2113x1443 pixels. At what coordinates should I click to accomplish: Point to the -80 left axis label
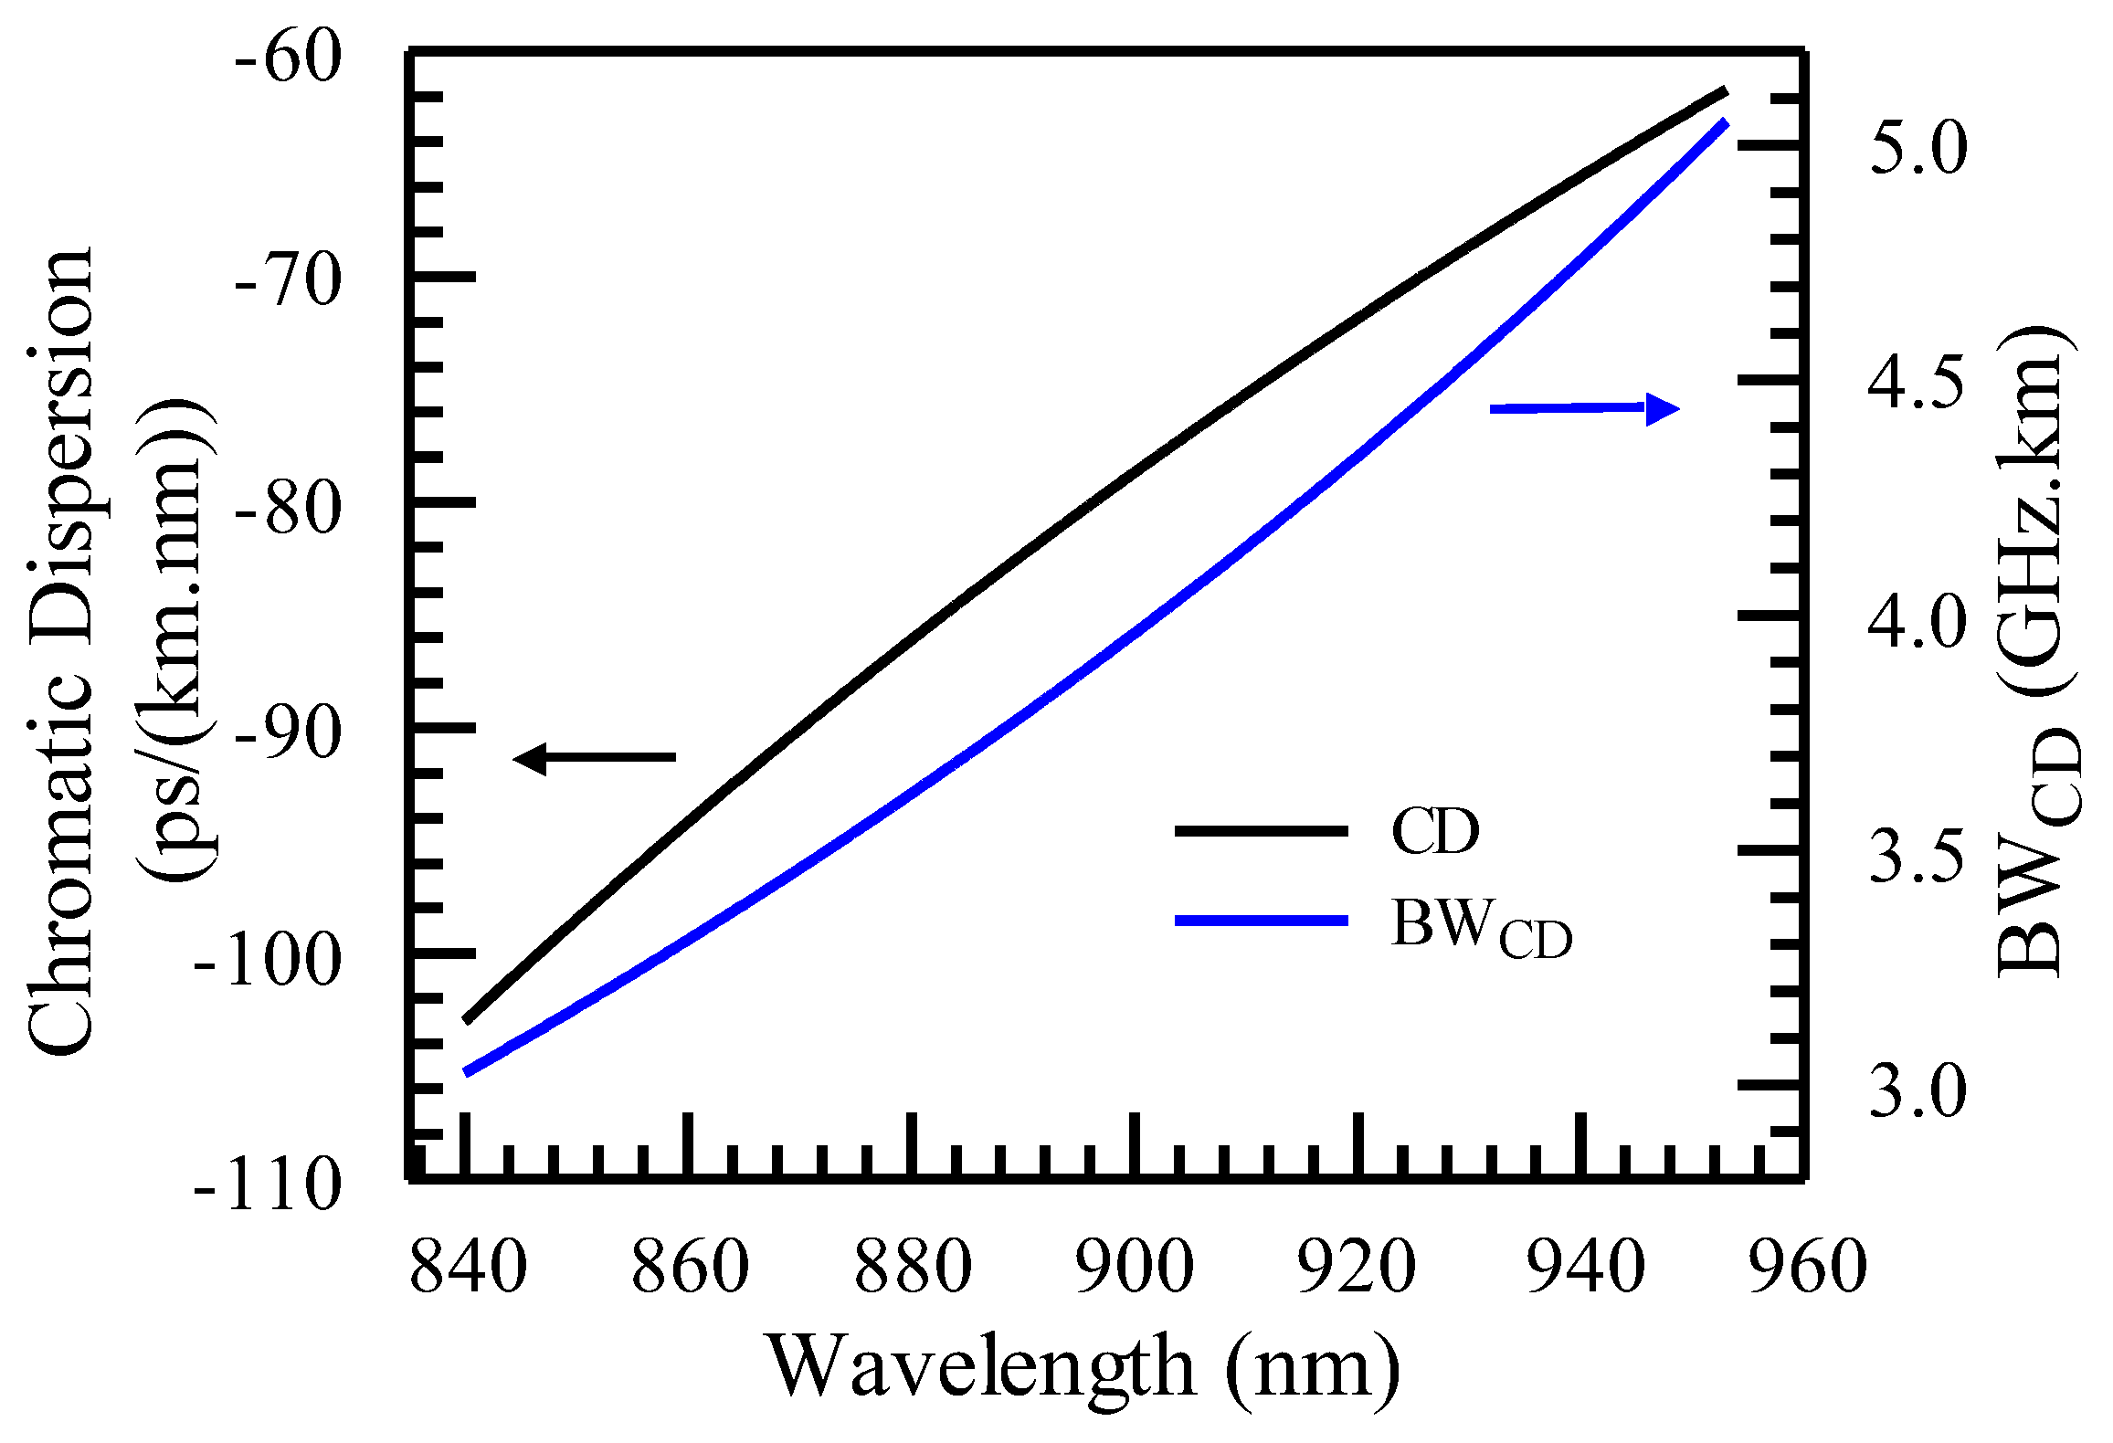point(288,508)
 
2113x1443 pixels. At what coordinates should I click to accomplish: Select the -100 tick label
point(267,960)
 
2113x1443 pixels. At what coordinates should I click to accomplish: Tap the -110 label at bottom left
point(267,1185)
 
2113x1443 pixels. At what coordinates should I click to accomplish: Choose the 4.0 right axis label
point(1917,620)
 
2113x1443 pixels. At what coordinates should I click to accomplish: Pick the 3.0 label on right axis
point(1917,1090)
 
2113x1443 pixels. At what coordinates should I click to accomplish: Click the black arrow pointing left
point(594,757)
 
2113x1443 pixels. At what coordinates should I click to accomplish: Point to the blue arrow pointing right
point(1585,408)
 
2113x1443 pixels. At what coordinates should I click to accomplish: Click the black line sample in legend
point(1261,830)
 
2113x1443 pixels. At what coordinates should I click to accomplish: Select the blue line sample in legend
point(1261,921)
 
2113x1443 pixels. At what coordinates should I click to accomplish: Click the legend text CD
point(1434,831)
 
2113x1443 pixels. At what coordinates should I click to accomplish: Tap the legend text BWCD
point(1480,927)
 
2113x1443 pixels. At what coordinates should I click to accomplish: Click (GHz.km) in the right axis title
point(2037,511)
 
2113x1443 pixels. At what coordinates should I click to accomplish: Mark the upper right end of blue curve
point(1725,122)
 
